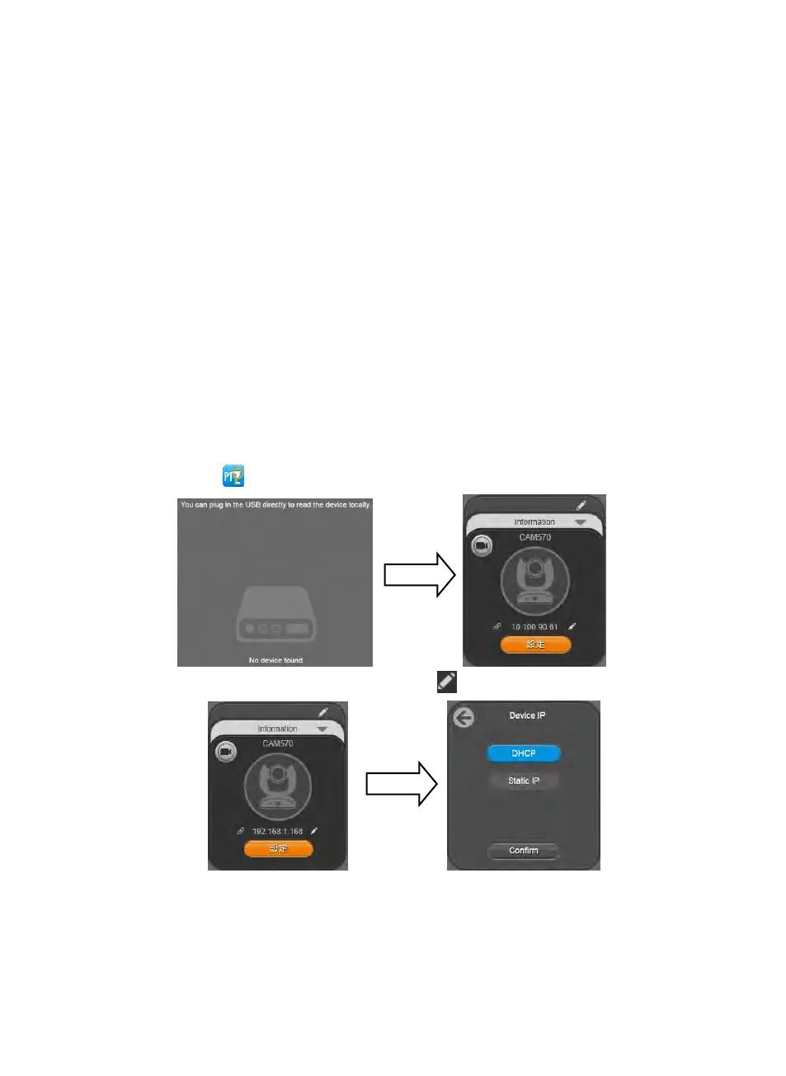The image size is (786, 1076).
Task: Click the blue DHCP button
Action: click(524, 753)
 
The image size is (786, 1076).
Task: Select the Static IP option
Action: click(524, 781)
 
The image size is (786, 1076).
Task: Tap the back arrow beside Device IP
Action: click(464, 717)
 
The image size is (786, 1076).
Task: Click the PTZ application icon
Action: click(233, 476)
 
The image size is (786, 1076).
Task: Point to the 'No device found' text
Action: click(275, 660)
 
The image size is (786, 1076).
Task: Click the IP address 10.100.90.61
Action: click(534, 627)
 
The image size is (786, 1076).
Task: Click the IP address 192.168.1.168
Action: click(277, 832)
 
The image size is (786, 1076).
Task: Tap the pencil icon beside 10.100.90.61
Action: click(572, 627)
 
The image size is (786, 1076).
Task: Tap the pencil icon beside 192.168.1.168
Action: click(314, 831)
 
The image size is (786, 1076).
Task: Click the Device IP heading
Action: click(527, 715)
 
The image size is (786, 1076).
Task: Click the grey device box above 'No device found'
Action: click(275, 615)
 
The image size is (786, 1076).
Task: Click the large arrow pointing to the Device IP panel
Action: click(402, 783)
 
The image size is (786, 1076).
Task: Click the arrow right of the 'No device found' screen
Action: click(420, 574)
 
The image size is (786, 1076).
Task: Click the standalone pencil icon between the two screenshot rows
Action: click(446, 682)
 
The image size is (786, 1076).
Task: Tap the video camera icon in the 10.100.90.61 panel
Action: click(482, 545)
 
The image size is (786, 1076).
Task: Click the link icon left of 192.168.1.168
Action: click(241, 831)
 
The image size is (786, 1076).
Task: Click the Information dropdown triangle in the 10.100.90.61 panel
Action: click(581, 522)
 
